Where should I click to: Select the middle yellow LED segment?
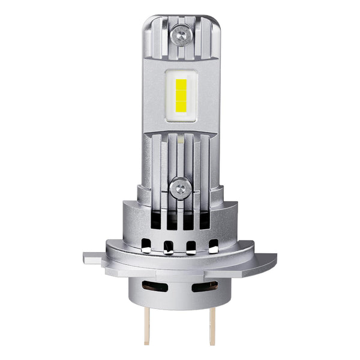click(181, 95)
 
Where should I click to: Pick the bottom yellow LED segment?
click(181, 108)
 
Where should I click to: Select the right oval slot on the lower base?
click(204, 286)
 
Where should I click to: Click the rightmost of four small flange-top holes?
click(213, 246)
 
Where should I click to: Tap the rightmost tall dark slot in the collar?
click(205, 220)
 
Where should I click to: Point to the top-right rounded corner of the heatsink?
click(215, 22)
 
